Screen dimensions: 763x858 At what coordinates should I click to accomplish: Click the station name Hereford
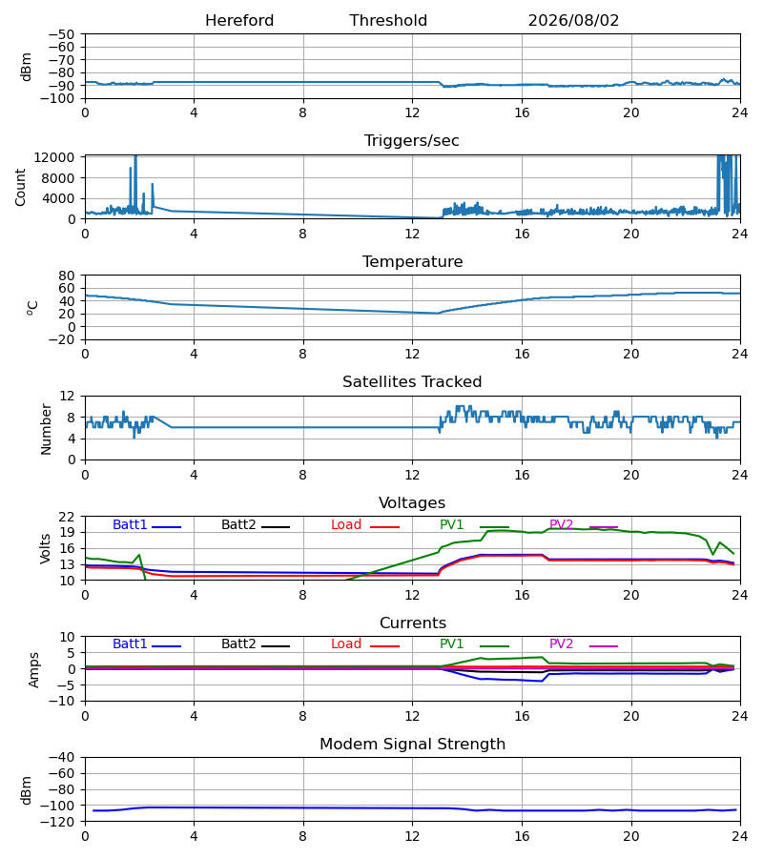(x=239, y=21)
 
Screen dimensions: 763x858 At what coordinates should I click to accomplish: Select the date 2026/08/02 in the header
(x=573, y=21)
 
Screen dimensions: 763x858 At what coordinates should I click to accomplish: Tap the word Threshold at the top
(x=388, y=21)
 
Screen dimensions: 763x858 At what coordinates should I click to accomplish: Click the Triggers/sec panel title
(x=412, y=141)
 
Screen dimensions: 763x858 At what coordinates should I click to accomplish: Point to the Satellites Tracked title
(x=412, y=382)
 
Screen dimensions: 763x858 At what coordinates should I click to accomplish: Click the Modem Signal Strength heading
(x=412, y=745)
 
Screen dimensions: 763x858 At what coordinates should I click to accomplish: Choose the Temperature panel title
(x=412, y=261)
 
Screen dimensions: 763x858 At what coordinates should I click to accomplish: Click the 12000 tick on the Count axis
(x=54, y=157)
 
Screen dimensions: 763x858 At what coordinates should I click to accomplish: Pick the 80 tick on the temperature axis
(x=67, y=276)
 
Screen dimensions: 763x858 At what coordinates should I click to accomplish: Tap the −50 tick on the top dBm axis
(x=62, y=34)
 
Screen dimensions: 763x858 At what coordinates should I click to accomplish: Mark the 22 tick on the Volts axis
(x=67, y=517)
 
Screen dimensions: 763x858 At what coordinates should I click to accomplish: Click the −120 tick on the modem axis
(x=58, y=822)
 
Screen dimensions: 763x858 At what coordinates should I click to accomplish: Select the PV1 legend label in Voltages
(x=451, y=524)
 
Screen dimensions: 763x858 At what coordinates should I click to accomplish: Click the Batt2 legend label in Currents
(x=238, y=644)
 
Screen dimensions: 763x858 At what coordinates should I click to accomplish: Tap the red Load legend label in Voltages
(x=346, y=524)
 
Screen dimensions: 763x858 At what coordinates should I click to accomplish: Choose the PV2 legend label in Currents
(x=561, y=644)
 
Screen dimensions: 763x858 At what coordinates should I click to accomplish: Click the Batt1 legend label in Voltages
(x=130, y=524)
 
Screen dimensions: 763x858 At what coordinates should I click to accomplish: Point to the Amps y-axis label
(x=34, y=670)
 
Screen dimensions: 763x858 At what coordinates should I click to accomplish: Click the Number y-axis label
(x=46, y=430)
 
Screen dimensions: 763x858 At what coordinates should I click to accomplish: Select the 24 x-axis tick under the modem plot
(x=740, y=837)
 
